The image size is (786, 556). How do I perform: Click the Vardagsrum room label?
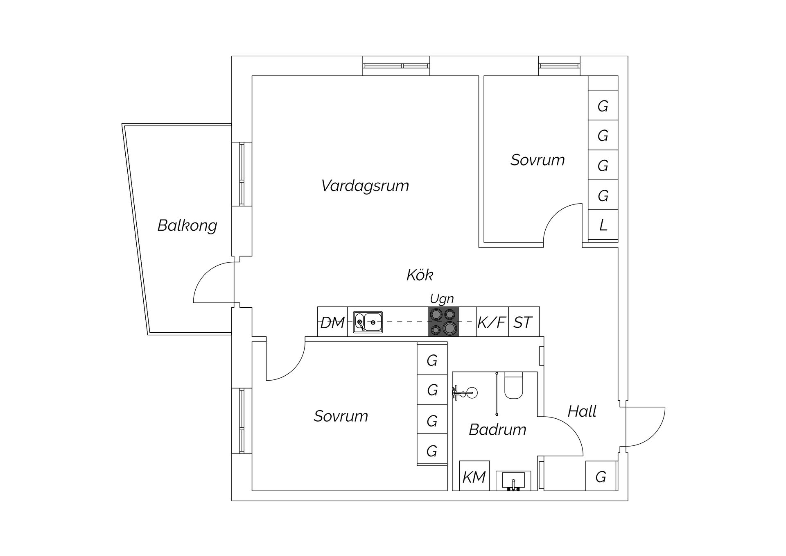click(365, 186)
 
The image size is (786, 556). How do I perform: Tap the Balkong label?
click(187, 225)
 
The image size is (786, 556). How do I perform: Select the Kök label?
click(420, 275)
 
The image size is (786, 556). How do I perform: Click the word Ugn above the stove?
click(442, 299)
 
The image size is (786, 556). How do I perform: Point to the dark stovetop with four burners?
click(443, 322)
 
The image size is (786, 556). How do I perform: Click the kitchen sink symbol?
click(368, 322)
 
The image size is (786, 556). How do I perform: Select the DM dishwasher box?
click(332, 322)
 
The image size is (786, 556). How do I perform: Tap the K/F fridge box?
click(492, 322)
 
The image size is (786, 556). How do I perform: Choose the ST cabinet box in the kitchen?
click(523, 322)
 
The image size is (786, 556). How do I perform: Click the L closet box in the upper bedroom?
click(603, 225)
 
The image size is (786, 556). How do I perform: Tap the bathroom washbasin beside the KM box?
click(513, 481)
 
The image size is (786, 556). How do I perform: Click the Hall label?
click(582, 411)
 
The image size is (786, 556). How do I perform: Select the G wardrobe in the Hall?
click(601, 477)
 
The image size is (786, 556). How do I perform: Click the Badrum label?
click(497, 430)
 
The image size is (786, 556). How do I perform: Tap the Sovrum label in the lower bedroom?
click(341, 416)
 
